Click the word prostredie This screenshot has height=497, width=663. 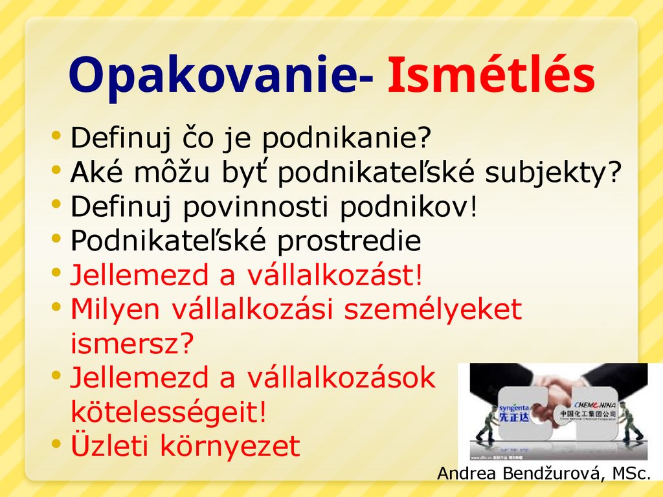pos(349,241)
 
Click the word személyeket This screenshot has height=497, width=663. pos(432,309)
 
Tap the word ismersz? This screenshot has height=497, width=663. pos(132,344)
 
